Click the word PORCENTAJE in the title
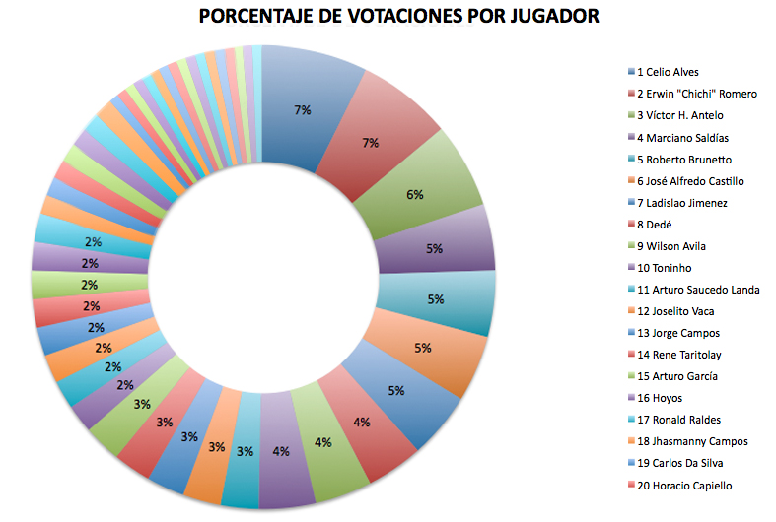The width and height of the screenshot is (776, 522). click(259, 17)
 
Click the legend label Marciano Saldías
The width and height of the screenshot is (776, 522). click(682, 138)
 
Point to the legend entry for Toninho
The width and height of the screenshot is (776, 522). click(665, 268)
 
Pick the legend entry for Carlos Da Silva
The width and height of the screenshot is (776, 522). click(681, 463)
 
